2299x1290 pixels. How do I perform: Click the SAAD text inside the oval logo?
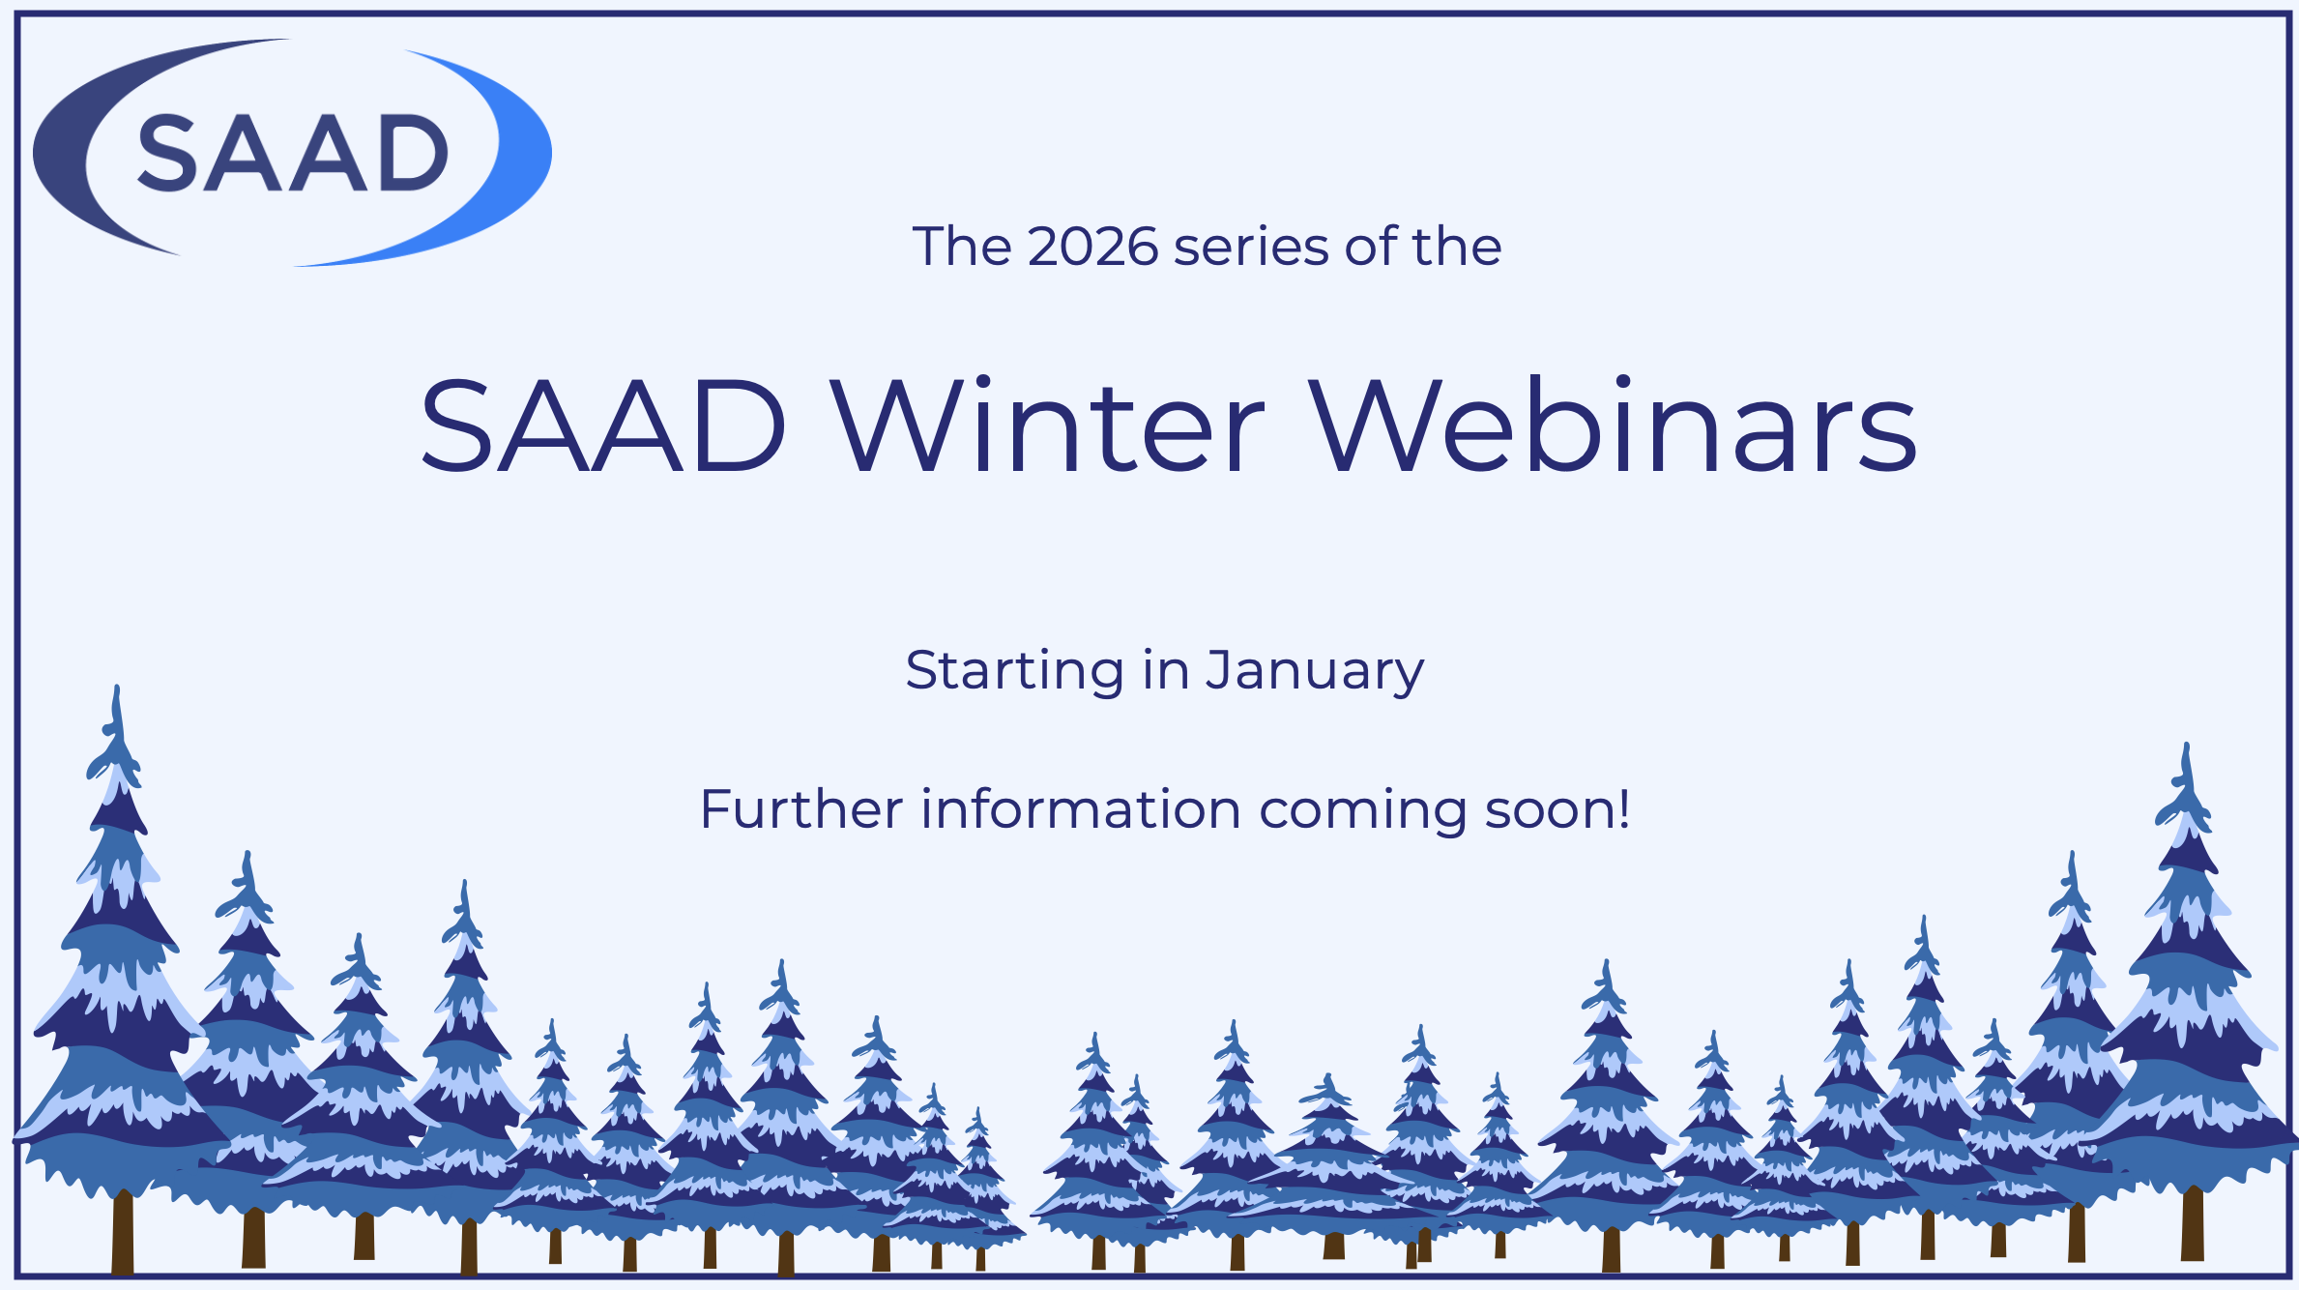point(293,153)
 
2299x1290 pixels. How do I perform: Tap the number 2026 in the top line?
point(1092,247)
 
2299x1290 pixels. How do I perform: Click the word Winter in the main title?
point(1048,426)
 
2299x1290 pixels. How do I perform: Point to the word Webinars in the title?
point(1613,426)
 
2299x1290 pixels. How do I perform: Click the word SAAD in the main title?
point(602,426)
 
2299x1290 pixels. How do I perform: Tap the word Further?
point(801,809)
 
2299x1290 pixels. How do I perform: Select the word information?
point(1081,809)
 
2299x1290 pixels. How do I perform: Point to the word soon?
point(1548,812)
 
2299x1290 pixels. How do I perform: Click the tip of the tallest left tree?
point(117,687)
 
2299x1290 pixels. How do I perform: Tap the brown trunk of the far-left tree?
point(123,1233)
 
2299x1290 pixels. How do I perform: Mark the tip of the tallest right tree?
point(2186,745)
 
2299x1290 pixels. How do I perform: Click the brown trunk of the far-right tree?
point(2192,1223)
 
